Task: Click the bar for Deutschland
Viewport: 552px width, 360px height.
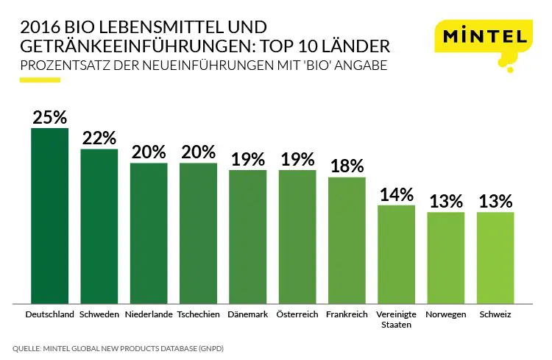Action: tap(49, 215)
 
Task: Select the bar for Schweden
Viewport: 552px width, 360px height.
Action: tap(99, 225)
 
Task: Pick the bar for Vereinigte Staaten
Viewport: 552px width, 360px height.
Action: tap(396, 253)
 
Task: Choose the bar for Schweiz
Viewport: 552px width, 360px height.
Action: tap(495, 257)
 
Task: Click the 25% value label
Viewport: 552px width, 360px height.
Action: tap(49, 117)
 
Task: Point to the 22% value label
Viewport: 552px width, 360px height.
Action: tap(99, 138)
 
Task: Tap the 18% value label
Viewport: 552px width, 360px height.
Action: tap(347, 166)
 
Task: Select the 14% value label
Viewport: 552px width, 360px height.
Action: tap(396, 194)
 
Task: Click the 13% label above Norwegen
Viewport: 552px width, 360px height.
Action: tap(446, 201)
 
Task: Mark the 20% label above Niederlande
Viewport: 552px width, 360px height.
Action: tap(149, 152)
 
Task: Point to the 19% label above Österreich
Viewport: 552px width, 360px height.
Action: tap(297, 159)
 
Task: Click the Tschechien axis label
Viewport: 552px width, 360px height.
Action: tap(199, 314)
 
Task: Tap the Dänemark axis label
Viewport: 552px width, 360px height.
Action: tap(247, 314)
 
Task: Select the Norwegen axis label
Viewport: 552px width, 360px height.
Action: tap(446, 314)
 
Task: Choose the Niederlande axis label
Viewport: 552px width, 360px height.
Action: tap(149, 314)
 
